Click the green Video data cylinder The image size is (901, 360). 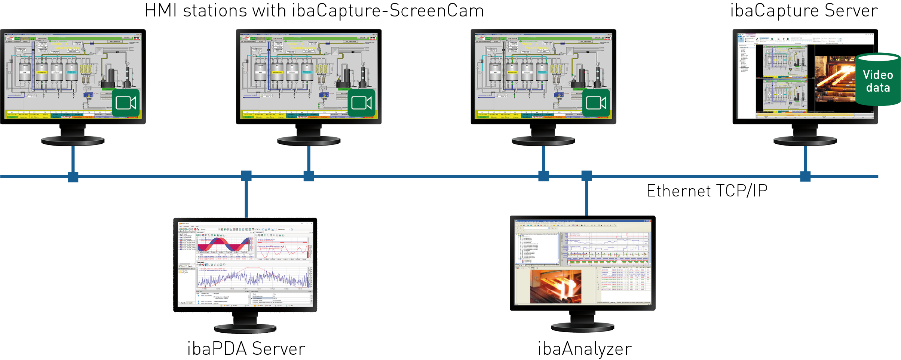click(x=878, y=80)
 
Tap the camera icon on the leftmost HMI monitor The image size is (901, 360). click(x=126, y=103)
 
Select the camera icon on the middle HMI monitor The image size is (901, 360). click(x=361, y=103)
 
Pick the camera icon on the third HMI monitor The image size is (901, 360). click(x=596, y=103)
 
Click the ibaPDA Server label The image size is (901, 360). click(x=246, y=349)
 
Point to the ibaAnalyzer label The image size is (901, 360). click(x=585, y=349)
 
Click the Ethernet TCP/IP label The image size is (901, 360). click(x=707, y=191)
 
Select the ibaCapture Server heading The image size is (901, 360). click(x=804, y=10)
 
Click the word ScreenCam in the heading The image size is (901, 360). click(x=437, y=10)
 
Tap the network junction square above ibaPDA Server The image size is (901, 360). click(x=246, y=176)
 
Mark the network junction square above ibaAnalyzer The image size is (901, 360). click(x=586, y=176)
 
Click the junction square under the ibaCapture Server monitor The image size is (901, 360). click(x=805, y=176)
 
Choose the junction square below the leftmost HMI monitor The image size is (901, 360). click(x=73, y=177)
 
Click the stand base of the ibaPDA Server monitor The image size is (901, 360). click(x=245, y=329)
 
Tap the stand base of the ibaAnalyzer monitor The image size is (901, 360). click(x=582, y=327)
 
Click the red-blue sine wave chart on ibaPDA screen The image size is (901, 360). click(x=224, y=245)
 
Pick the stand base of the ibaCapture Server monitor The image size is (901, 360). click(x=805, y=141)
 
